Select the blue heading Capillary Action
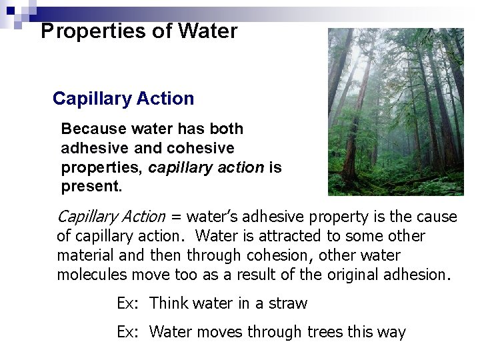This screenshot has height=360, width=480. (x=123, y=99)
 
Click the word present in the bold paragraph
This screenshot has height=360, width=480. (x=91, y=187)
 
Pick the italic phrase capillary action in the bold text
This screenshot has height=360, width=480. (x=206, y=167)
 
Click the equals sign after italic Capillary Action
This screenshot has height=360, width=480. (x=176, y=217)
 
